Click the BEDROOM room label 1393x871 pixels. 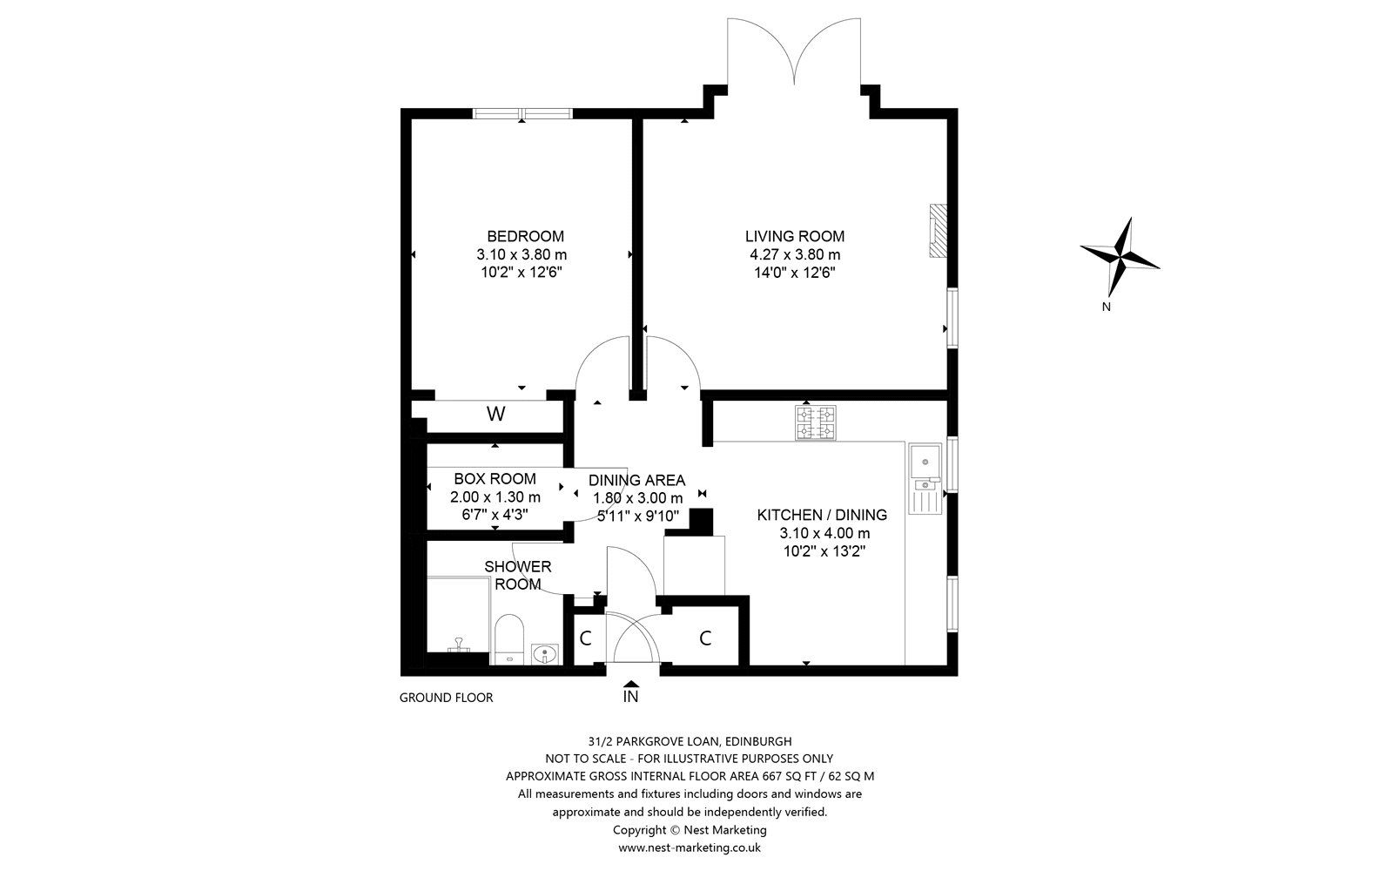[x=525, y=236]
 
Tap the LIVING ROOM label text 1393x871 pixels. [x=794, y=236]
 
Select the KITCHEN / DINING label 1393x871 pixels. [x=822, y=515]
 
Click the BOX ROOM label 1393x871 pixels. [x=495, y=479]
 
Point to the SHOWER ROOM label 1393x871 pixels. [x=518, y=575]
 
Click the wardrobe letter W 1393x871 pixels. [x=495, y=415]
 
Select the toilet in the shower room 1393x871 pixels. [x=507, y=640]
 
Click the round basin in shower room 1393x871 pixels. [x=545, y=653]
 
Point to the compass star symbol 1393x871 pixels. [x=1120, y=255]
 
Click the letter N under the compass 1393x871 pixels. [x=1106, y=307]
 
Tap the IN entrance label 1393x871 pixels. [x=630, y=697]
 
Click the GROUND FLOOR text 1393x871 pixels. [x=446, y=698]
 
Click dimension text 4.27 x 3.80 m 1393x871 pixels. [x=794, y=254]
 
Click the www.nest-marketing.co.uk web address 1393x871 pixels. [x=690, y=847]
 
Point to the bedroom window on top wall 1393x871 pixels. [x=522, y=113]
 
